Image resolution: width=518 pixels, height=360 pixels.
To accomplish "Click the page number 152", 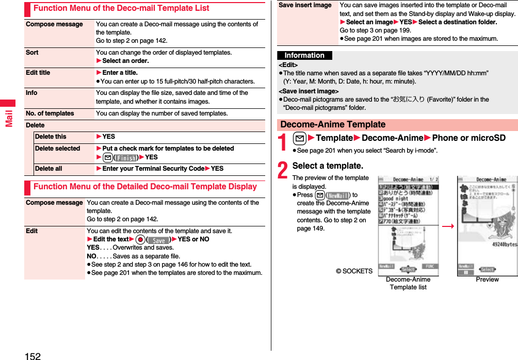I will pos(32,355).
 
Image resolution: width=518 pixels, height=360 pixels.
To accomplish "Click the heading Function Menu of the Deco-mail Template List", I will pos(121,8).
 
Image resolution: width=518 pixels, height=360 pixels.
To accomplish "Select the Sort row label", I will pos(32,53).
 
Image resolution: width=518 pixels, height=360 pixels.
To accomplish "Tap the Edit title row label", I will pos(38,73).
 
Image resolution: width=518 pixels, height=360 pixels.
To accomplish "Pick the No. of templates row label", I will pos(50,113).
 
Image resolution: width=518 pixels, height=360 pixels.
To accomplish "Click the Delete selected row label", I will pos(57,149).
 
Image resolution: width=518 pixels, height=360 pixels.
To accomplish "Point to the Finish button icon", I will pos(126,158).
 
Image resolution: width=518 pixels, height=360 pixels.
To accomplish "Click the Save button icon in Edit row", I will pos(159,240).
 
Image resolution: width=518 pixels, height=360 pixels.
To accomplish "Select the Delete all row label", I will pos(48,169).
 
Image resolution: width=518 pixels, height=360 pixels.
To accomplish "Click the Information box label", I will pos(304,56).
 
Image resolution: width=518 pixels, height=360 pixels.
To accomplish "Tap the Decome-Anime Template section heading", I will pos(333,125).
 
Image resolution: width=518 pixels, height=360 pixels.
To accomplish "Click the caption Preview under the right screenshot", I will pos(487,280).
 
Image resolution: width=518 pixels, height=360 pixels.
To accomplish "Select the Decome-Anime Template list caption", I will pos(408,283).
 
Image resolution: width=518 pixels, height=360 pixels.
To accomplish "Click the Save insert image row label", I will pos(305,5).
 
